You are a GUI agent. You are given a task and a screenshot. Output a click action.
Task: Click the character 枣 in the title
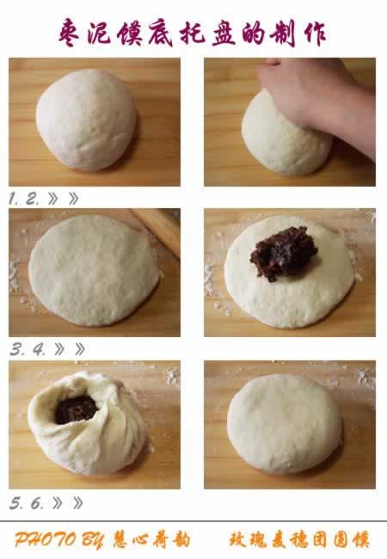pyautogui.click(x=71, y=33)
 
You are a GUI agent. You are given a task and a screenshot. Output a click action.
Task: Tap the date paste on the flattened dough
pyautogui.click(x=283, y=253)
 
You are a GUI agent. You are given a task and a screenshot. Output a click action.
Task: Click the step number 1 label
pyautogui.click(x=13, y=199)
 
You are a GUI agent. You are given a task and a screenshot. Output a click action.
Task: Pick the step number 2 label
pyautogui.click(x=32, y=199)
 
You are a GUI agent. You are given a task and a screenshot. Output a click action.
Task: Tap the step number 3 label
pyautogui.click(x=17, y=350)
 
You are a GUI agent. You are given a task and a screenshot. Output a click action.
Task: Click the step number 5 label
pyautogui.click(x=16, y=503)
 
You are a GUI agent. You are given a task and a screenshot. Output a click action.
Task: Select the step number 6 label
pyautogui.click(x=37, y=503)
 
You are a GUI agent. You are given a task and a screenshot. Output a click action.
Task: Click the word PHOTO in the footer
pyautogui.click(x=46, y=540)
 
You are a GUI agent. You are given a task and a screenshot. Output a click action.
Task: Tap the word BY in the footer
pyautogui.click(x=93, y=540)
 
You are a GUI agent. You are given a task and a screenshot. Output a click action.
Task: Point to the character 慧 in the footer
pyautogui.click(x=120, y=540)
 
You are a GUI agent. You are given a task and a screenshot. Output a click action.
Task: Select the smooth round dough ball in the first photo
pyautogui.click(x=86, y=120)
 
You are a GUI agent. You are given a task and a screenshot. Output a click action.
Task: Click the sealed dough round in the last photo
pyautogui.click(x=285, y=423)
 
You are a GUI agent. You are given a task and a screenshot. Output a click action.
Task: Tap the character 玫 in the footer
pyautogui.click(x=237, y=540)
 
